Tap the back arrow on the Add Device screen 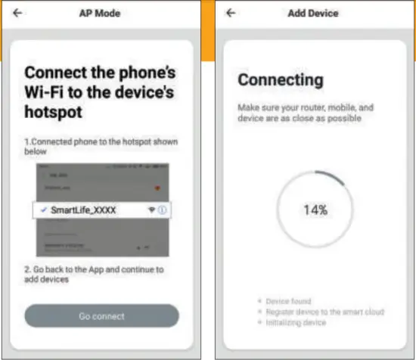pyautogui.click(x=231, y=14)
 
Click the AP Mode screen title pyautogui.click(x=100, y=14)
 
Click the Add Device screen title pyautogui.click(x=313, y=14)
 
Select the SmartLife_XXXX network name pyautogui.click(x=83, y=211)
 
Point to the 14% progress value pyautogui.click(x=315, y=210)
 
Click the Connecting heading pyautogui.click(x=280, y=80)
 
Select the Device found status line pyautogui.click(x=288, y=301)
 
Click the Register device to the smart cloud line pyautogui.click(x=325, y=312)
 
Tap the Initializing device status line pyautogui.click(x=296, y=322)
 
